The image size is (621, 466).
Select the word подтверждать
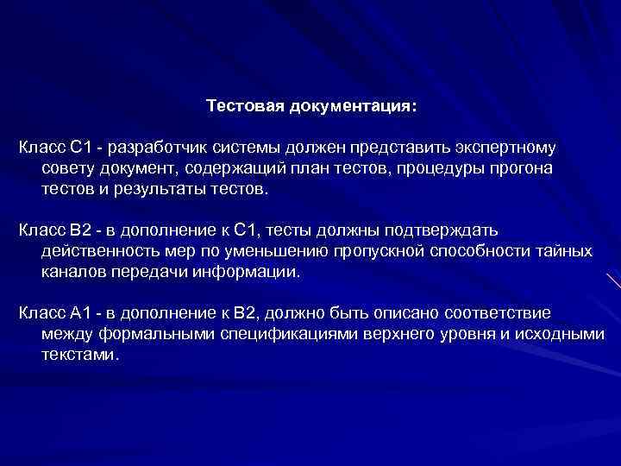click(444, 230)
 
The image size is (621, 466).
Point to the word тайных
click(561, 250)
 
